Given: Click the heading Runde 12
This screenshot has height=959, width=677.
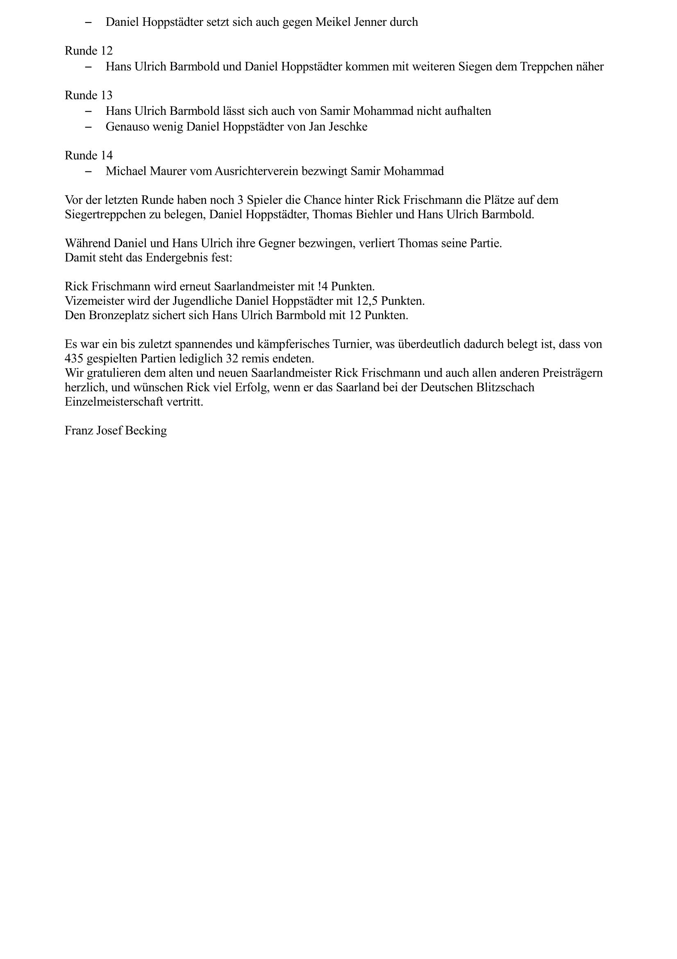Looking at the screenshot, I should tap(89, 51).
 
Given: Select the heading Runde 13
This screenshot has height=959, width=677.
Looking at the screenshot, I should tap(89, 96).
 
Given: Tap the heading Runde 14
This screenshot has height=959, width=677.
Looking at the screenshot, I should tap(89, 156).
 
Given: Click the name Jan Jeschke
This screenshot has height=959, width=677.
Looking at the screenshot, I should tap(338, 127).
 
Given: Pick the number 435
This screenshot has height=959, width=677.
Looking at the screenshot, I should tap(75, 359).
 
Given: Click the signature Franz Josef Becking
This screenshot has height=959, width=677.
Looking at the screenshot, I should tap(116, 431).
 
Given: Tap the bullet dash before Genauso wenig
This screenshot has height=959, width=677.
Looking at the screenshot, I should tap(88, 127).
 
